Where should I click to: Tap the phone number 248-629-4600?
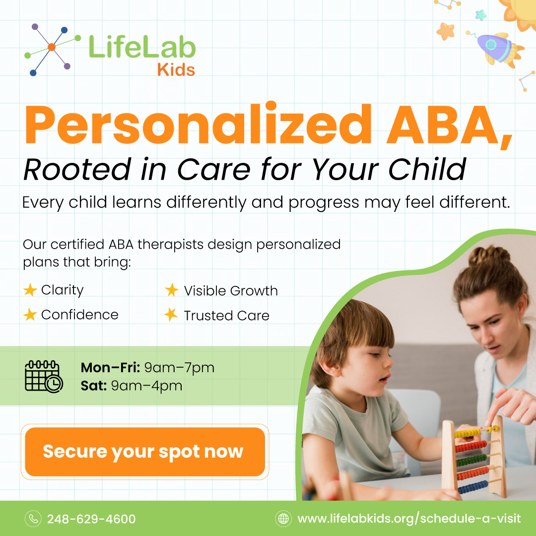(91, 519)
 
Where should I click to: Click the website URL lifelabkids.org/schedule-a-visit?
(409, 519)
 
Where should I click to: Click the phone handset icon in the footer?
(33, 519)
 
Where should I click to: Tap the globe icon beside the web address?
(283, 519)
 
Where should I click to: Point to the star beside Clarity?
(30, 290)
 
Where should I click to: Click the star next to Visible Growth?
(172, 290)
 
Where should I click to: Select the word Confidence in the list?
(80, 315)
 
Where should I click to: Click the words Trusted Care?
(226, 316)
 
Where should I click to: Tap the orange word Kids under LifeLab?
(176, 70)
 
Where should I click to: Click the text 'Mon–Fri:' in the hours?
(111, 368)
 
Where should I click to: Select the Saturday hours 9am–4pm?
(146, 386)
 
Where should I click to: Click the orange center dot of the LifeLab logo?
(52, 47)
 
